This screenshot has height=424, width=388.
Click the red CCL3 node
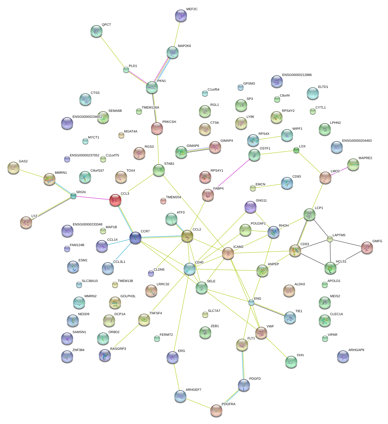pos(115,200)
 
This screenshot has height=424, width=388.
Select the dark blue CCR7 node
pos(135,238)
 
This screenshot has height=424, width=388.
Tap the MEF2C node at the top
pos(181,16)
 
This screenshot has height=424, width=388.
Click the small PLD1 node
pos(126,70)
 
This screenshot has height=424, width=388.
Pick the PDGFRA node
pos(216,411)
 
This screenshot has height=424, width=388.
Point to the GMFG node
pos(367,247)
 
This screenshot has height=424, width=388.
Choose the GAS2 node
pos(13,168)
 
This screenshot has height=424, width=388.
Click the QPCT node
pos(96,31)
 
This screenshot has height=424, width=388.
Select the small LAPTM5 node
pos(330,239)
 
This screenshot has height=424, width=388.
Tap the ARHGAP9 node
pos(343,356)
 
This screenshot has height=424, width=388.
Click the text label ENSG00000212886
pos(297,75)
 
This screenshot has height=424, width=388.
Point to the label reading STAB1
pos(169,164)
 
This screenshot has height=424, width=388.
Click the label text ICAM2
pos(238,247)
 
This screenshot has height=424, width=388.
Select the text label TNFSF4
pos(155,313)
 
